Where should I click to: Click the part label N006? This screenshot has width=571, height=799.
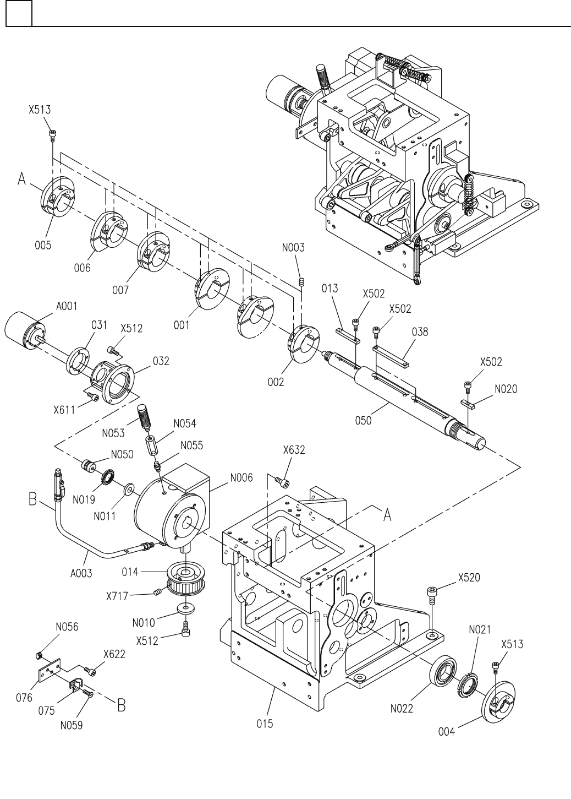pos(241,477)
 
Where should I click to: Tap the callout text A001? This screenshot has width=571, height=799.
pos(67,306)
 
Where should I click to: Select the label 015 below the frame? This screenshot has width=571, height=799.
pos(265,724)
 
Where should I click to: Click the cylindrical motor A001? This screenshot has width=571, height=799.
pos(22,329)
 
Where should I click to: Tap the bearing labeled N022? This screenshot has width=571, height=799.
pos(443,669)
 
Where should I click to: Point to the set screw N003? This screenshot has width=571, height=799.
pos(302,282)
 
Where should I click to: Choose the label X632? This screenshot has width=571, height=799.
pos(294,450)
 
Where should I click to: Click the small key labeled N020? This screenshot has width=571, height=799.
pos(469,404)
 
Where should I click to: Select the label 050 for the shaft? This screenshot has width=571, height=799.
pos(363,421)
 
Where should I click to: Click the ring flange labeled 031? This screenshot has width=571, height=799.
pos(78,360)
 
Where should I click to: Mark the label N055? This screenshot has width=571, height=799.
pos(191,445)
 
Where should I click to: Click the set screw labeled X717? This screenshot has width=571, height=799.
pos(158,593)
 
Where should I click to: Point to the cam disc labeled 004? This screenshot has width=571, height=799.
pos(498,702)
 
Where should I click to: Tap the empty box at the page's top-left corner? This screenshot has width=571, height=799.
pos(19,13)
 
